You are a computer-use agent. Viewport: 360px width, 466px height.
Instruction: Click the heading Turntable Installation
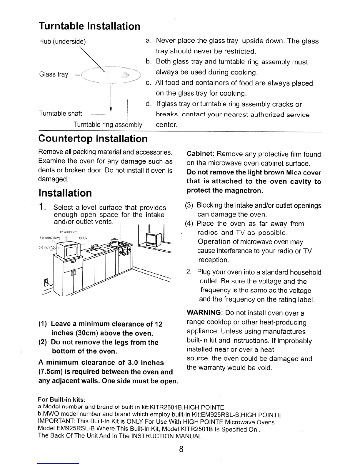tap(89, 26)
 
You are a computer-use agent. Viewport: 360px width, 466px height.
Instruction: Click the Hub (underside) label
tap(62, 41)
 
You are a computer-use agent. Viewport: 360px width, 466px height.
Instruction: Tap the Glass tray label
tap(54, 74)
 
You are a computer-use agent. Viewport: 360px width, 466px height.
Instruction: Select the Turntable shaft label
tap(61, 114)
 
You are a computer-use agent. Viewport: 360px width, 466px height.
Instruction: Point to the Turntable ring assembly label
tap(108, 124)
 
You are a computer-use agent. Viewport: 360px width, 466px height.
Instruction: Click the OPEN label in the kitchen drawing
tap(84, 238)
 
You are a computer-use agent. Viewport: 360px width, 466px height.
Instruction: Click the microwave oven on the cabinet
tap(68, 249)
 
